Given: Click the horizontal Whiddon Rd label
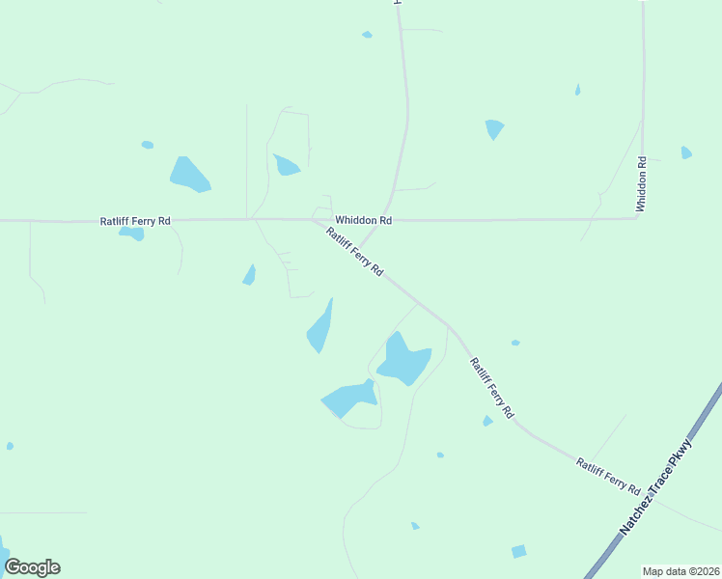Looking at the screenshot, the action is (363, 220).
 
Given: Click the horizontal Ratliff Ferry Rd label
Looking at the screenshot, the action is (135, 221).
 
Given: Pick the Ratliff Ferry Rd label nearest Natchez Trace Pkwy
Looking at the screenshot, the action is (608, 477).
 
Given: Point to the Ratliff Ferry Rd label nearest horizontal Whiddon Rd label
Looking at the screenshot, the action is (355, 253).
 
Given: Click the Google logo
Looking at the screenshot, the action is (33, 567).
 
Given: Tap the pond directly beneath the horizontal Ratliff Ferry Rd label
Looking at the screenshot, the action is (132, 233).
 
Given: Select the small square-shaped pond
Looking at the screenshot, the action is (519, 551).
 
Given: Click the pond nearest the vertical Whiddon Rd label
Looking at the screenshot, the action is (686, 152).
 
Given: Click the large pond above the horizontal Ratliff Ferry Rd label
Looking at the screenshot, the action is (190, 175).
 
